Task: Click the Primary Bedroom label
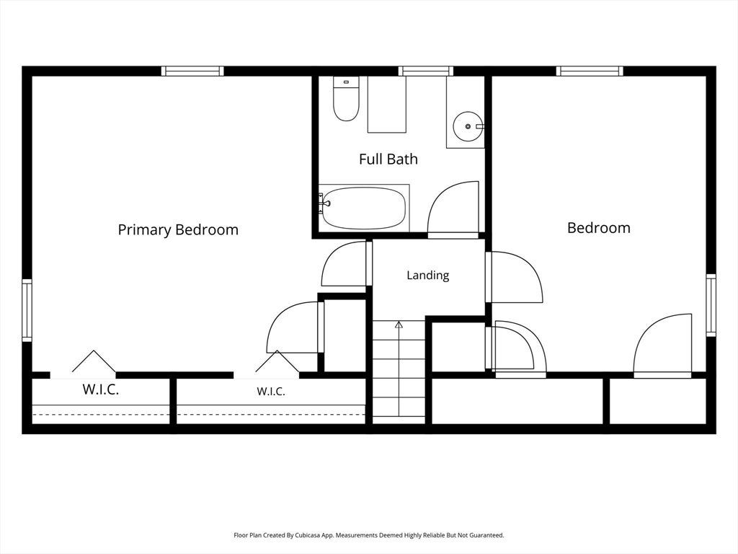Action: (178, 229)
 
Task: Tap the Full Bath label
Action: (388, 159)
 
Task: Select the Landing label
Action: (428, 275)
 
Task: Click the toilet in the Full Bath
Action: (346, 98)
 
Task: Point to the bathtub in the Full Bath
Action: (364, 208)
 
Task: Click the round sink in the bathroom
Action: (468, 126)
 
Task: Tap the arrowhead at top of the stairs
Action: (399, 324)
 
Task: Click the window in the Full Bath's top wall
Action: (426, 71)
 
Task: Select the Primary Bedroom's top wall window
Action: (192, 71)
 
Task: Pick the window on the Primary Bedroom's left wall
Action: (27, 310)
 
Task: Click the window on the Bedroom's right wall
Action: (711, 305)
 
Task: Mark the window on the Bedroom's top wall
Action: (590, 71)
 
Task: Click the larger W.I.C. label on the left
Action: (101, 390)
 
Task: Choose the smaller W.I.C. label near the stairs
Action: (271, 391)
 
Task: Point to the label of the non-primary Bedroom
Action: (599, 227)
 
